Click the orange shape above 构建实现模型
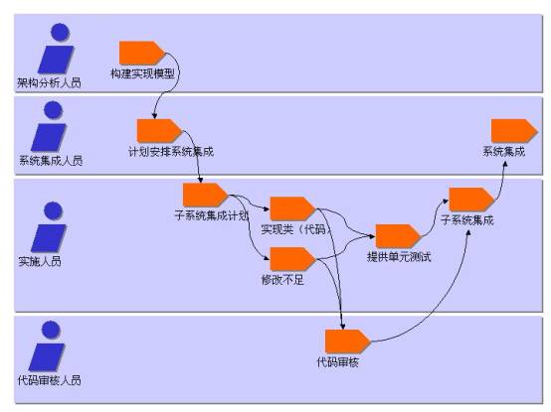tap(141, 53)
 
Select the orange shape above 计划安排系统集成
tap(159, 131)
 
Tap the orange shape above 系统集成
tap(514, 131)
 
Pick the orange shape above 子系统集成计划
tap(206, 195)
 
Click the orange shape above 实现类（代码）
tap(292, 209)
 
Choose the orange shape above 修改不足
tap(292, 259)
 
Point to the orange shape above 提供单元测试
tap(398, 236)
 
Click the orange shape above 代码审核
tap(347, 342)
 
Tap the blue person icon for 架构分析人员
tap(57, 49)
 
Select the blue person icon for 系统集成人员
tap(49, 126)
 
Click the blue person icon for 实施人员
tap(49, 227)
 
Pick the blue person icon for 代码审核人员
tap(48, 346)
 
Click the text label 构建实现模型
tap(142, 73)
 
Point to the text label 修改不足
tap(282, 280)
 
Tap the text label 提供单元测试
tap(399, 257)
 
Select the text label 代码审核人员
tap(49, 380)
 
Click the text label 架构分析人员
tap(49, 82)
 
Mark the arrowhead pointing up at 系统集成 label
tap(505, 164)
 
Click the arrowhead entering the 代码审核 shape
tap(342, 326)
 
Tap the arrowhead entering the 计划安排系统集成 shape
tap(154, 115)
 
